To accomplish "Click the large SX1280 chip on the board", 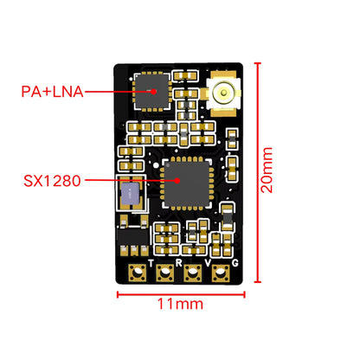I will tap(180, 180).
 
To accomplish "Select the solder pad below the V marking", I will tap(221, 273).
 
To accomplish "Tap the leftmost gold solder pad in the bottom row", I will tap(135, 273).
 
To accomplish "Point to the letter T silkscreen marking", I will tap(151, 261).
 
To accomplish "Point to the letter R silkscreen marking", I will tap(179, 261).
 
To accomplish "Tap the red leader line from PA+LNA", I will tap(112, 90).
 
